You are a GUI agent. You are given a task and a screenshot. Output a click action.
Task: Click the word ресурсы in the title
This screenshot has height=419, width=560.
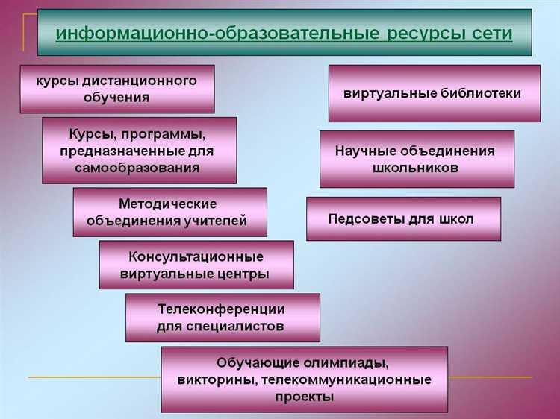[429, 34]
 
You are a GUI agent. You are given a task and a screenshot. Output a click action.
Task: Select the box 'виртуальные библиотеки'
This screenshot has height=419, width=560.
[434, 93]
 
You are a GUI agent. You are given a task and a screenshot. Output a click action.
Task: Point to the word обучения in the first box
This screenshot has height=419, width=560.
[117, 97]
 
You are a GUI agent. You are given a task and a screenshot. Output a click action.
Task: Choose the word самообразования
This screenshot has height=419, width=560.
[137, 168]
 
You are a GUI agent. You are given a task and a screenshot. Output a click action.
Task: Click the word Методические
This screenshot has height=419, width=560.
[167, 204]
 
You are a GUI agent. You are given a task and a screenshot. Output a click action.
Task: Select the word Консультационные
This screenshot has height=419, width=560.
[196, 256]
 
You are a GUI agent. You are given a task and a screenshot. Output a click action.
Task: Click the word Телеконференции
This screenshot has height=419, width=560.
[222, 309]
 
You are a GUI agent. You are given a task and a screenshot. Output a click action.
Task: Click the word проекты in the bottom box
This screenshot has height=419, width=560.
[304, 397]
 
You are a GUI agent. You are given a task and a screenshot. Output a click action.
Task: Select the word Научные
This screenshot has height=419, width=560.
[366, 151]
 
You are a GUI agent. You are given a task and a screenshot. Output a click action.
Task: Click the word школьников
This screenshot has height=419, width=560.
[415, 168]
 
